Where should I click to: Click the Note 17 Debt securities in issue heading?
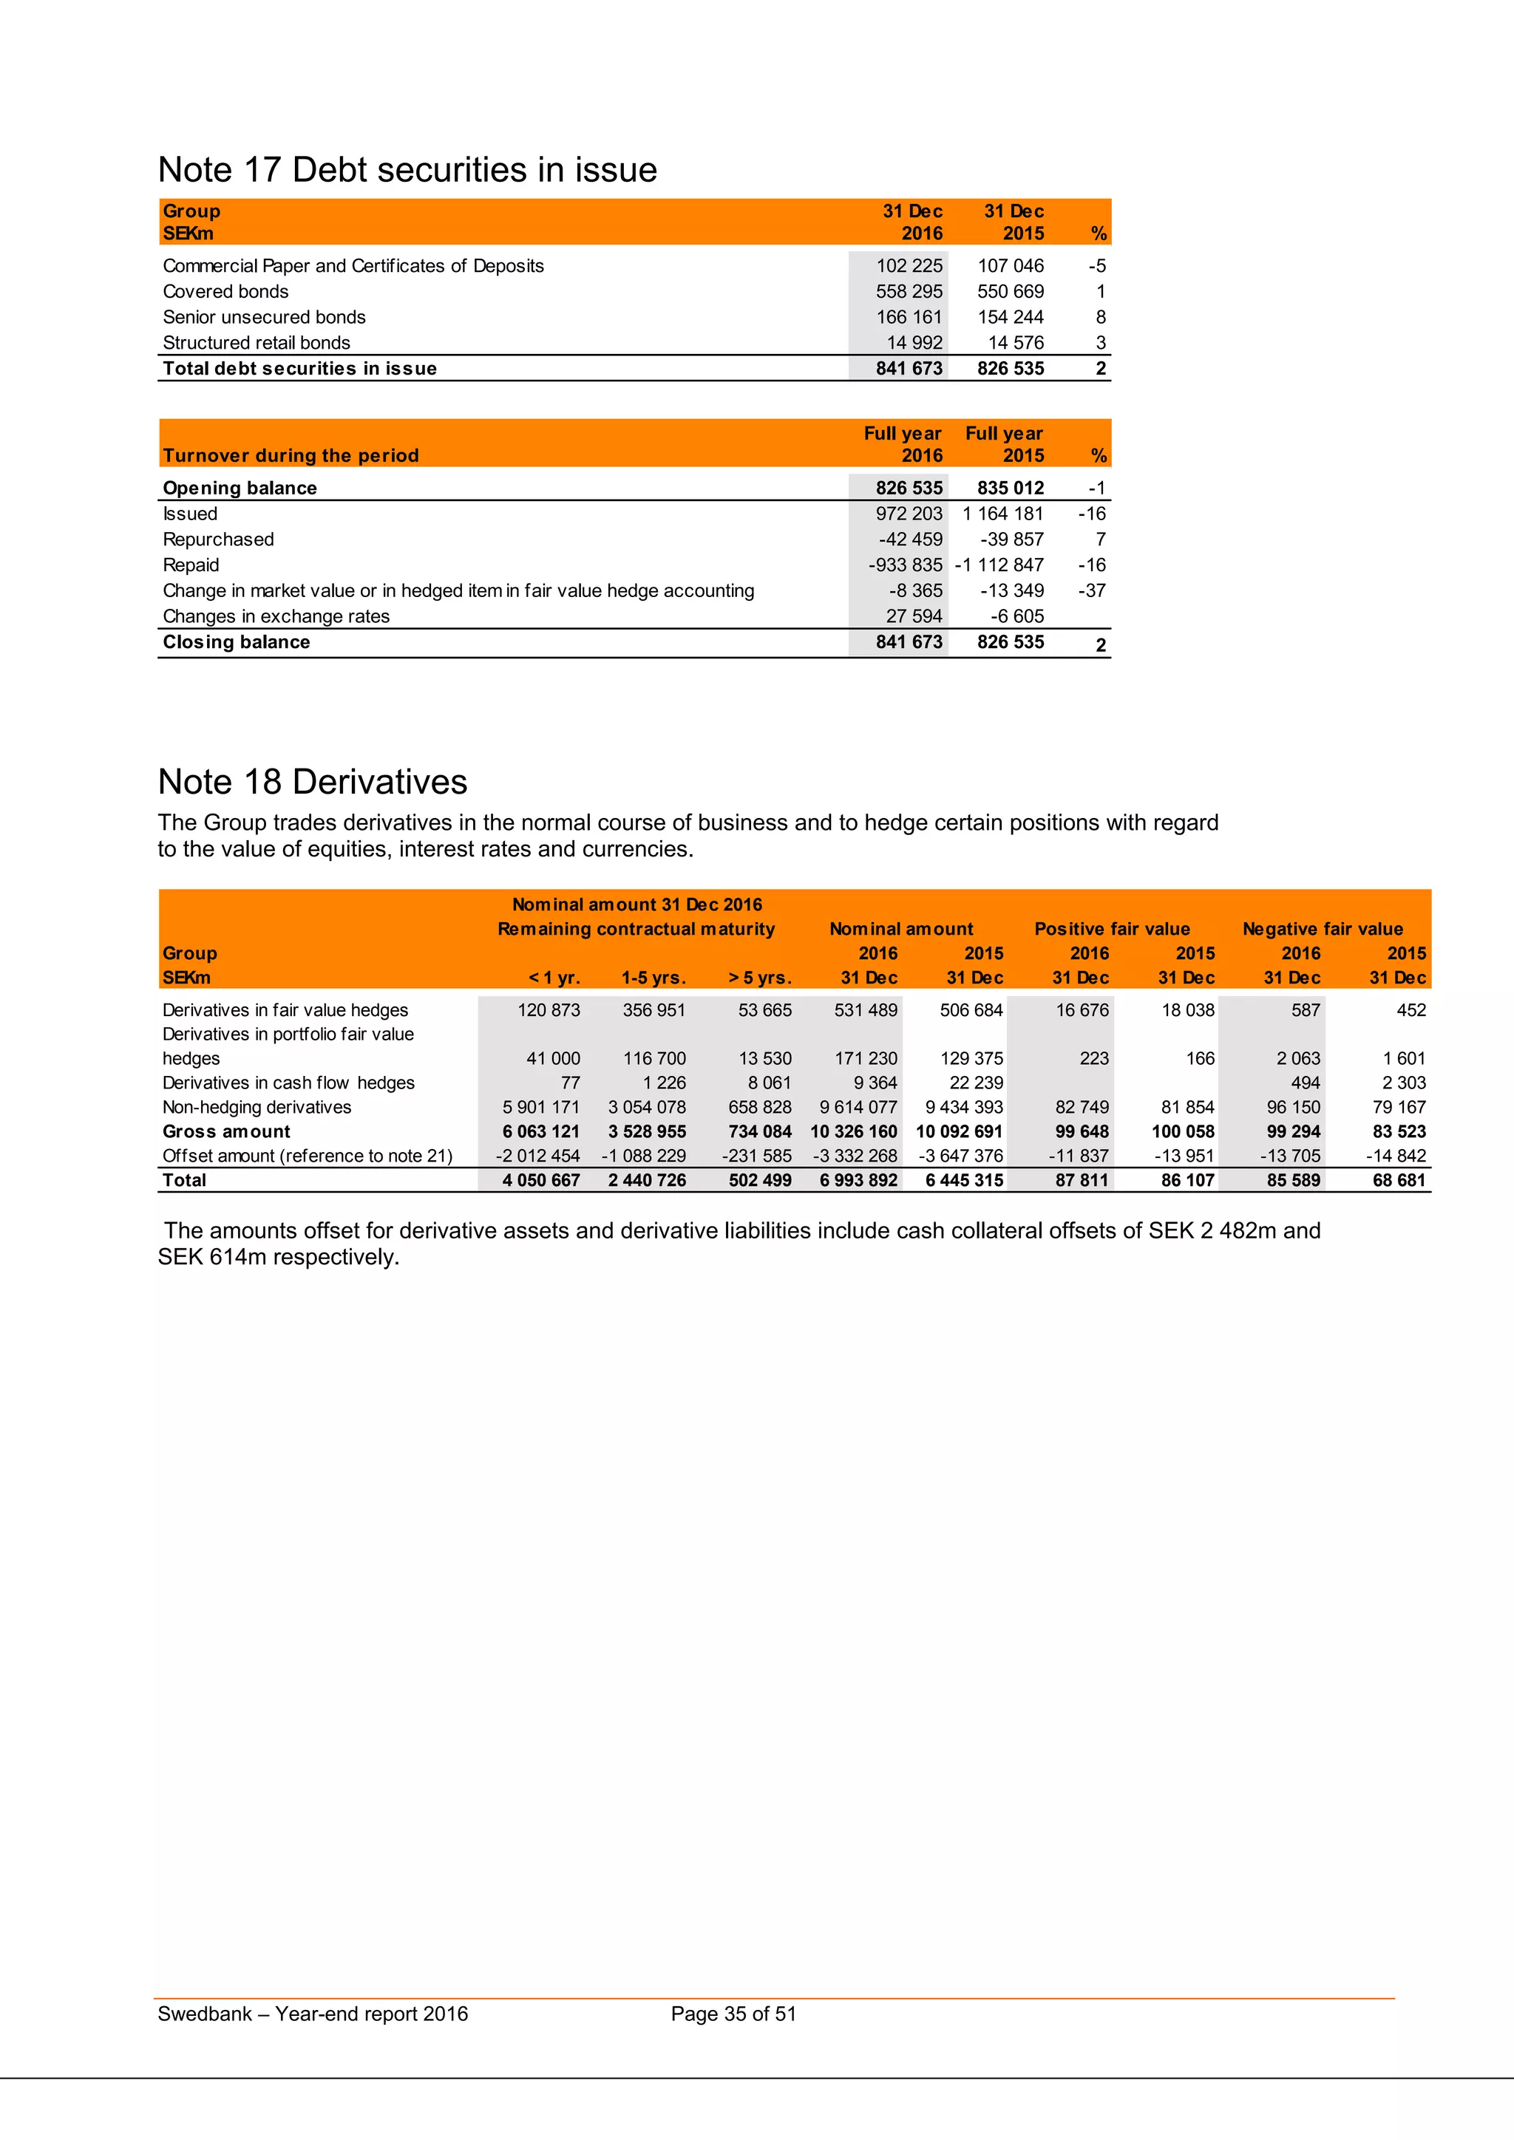tap(407, 170)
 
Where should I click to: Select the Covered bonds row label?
tap(225, 292)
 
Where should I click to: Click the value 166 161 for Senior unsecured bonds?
tap(909, 317)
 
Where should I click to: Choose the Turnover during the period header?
tap(291, 456)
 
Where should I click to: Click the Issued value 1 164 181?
tap(1003, 514)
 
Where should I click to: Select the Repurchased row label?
tap(218, 539)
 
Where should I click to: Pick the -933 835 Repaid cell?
tap(906, 565)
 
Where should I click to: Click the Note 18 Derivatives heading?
tap(312, 782)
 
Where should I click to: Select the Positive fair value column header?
tap(1111, 930)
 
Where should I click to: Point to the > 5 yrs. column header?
tap(760, 978)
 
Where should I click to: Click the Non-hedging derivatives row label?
tap(257, 1107)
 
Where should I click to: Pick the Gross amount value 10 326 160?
tap(853, 1131)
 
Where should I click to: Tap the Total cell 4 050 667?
tap(540, 1180)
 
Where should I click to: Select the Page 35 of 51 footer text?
tap(733, 2014)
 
